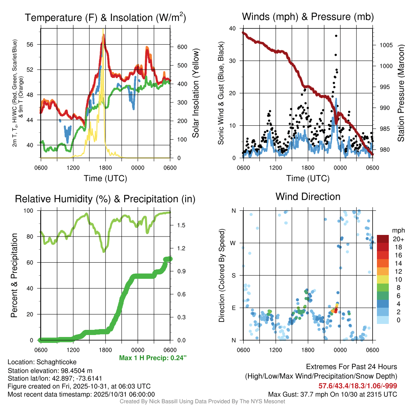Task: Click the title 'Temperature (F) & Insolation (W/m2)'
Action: (x=105, y=17)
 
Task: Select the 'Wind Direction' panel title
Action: (x=308, y=197)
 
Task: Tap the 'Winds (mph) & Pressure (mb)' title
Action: (x=308, y=17)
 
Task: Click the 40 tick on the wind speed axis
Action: (x=233, y=28)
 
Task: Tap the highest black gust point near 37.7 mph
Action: (x=336, y=36)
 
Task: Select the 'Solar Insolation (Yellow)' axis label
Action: (x=195, y=93)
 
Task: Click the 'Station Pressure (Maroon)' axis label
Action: (x=400, y=93)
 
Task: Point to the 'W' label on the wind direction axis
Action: (x=233, y=243)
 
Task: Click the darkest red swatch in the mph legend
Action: (x=383, y=239)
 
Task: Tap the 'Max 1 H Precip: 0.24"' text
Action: (x=152, y=358)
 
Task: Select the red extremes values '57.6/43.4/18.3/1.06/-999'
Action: (x=358, y=386)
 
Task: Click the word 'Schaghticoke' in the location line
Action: (x=57, y=362)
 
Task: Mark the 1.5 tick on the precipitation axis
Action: (x=182, y=225)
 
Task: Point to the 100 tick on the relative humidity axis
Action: (x=32, y=211)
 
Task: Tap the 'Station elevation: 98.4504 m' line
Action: (x=50, y=370)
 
